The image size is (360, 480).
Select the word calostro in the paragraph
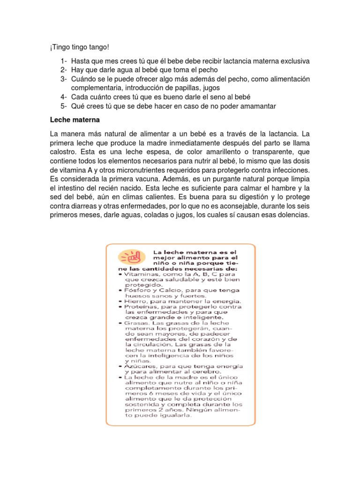pos(63,152)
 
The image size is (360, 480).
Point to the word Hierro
pos(135,301)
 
